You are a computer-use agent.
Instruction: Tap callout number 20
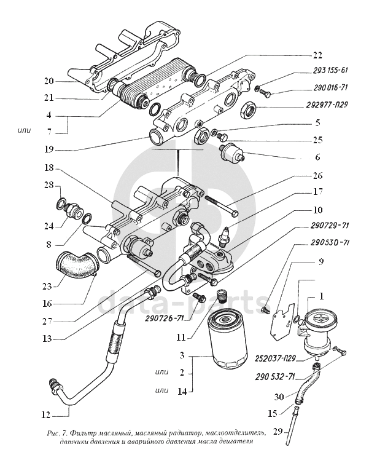click(49, 81)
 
